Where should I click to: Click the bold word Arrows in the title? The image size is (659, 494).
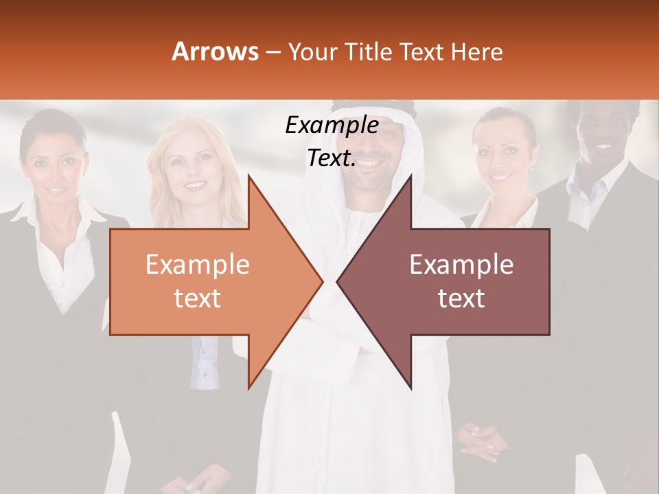click(x=216, y=51)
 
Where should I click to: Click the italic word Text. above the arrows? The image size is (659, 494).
click(x=332, y=158)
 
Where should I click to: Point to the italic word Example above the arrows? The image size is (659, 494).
click(x=332, y=126)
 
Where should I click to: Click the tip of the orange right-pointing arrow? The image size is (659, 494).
click(x=321, y=281)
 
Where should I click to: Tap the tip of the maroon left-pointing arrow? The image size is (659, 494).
click(x=339, y=281)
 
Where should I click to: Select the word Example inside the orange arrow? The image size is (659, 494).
click(x=198, y=265)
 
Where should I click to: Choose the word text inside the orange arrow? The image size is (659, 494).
click(x=198, y=298)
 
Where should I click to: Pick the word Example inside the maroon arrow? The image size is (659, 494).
click(x=461, y=265)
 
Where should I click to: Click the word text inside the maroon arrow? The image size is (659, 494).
click(x=461, y=298)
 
